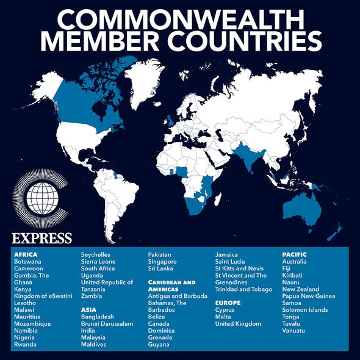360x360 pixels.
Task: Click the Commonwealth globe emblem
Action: click(41, 199)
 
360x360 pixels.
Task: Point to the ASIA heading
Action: click(89, 309)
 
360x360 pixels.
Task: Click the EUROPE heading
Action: click(228, 303)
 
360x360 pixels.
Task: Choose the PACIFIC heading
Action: click(294, 254)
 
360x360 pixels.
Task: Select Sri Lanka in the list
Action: click(161, 268)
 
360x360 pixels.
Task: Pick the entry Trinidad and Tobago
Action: click(243, 289)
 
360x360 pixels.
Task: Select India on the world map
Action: click(250, 159)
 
